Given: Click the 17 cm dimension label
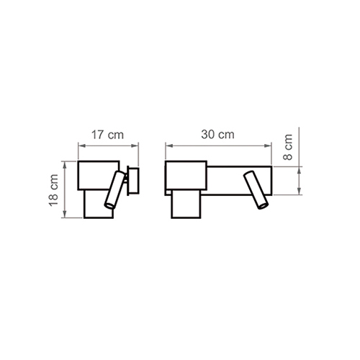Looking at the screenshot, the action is pos(107,135).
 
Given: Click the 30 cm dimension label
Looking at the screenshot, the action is pos(217,135).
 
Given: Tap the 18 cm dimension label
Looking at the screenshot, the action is pos(54,190).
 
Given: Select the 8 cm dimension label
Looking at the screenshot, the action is pos(288,147).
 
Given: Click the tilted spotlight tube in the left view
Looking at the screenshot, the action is pos(114,189).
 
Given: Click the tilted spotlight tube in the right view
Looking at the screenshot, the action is pos(256,190).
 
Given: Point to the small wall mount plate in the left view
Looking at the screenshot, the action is pos(133,181).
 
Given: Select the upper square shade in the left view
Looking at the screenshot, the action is pos(99,176).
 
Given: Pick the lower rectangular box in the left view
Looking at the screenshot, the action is pos(99,204).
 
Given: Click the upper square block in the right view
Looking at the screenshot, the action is pos(186,176).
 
